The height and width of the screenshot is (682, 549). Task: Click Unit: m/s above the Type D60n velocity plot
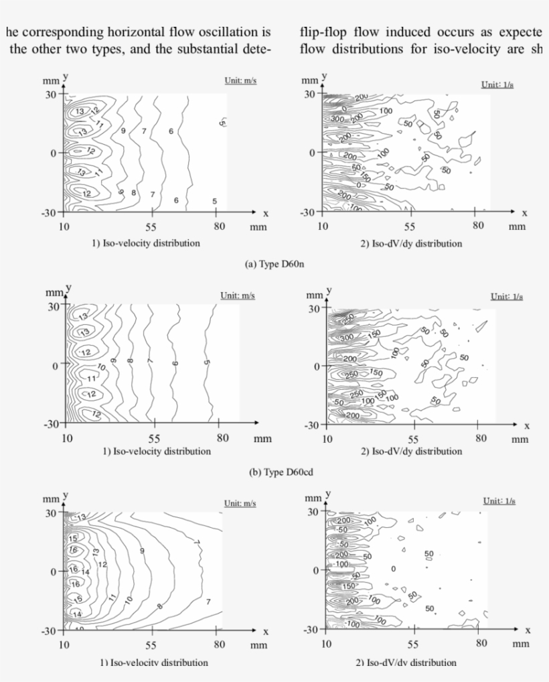(x=240, y=81)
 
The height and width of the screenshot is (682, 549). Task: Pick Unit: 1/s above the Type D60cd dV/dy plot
(x=506, y=297)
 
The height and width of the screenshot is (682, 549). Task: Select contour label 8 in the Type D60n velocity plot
(x=134, y=193)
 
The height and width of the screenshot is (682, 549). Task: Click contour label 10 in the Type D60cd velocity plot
(x=101, y=367)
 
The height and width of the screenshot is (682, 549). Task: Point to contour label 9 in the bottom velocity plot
(x=141, y=551)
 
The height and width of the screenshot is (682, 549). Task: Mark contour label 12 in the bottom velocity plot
(x=102, y=565)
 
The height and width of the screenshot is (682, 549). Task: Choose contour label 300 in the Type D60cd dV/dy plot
(x=349, y=338)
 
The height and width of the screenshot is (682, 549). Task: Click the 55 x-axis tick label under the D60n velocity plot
(x=151, y=226)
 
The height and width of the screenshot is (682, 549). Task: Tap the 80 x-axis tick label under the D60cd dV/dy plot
(x=481, y=438)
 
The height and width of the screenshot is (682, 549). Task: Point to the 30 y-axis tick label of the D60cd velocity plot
(x=52, y=307)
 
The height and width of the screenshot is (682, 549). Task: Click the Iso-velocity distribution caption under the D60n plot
(x=145, y=243)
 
